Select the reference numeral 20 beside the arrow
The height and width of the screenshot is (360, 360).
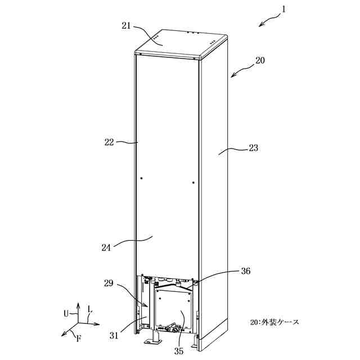click(259, 60)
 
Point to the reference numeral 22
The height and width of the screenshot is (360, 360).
click(109, 142)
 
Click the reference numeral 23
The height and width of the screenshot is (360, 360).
click(253, 148)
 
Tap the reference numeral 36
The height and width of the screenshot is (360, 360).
click(246, 271)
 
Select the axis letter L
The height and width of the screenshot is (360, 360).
click(89, 309)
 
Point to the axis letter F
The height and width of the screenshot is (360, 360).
click(78, 339)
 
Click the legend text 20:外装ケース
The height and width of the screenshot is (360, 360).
click(275, 322)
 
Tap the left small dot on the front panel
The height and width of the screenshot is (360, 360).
click(142, 178)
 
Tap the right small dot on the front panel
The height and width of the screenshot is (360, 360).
click(193, 182)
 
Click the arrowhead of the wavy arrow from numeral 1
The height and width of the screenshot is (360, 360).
click(259, 25)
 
